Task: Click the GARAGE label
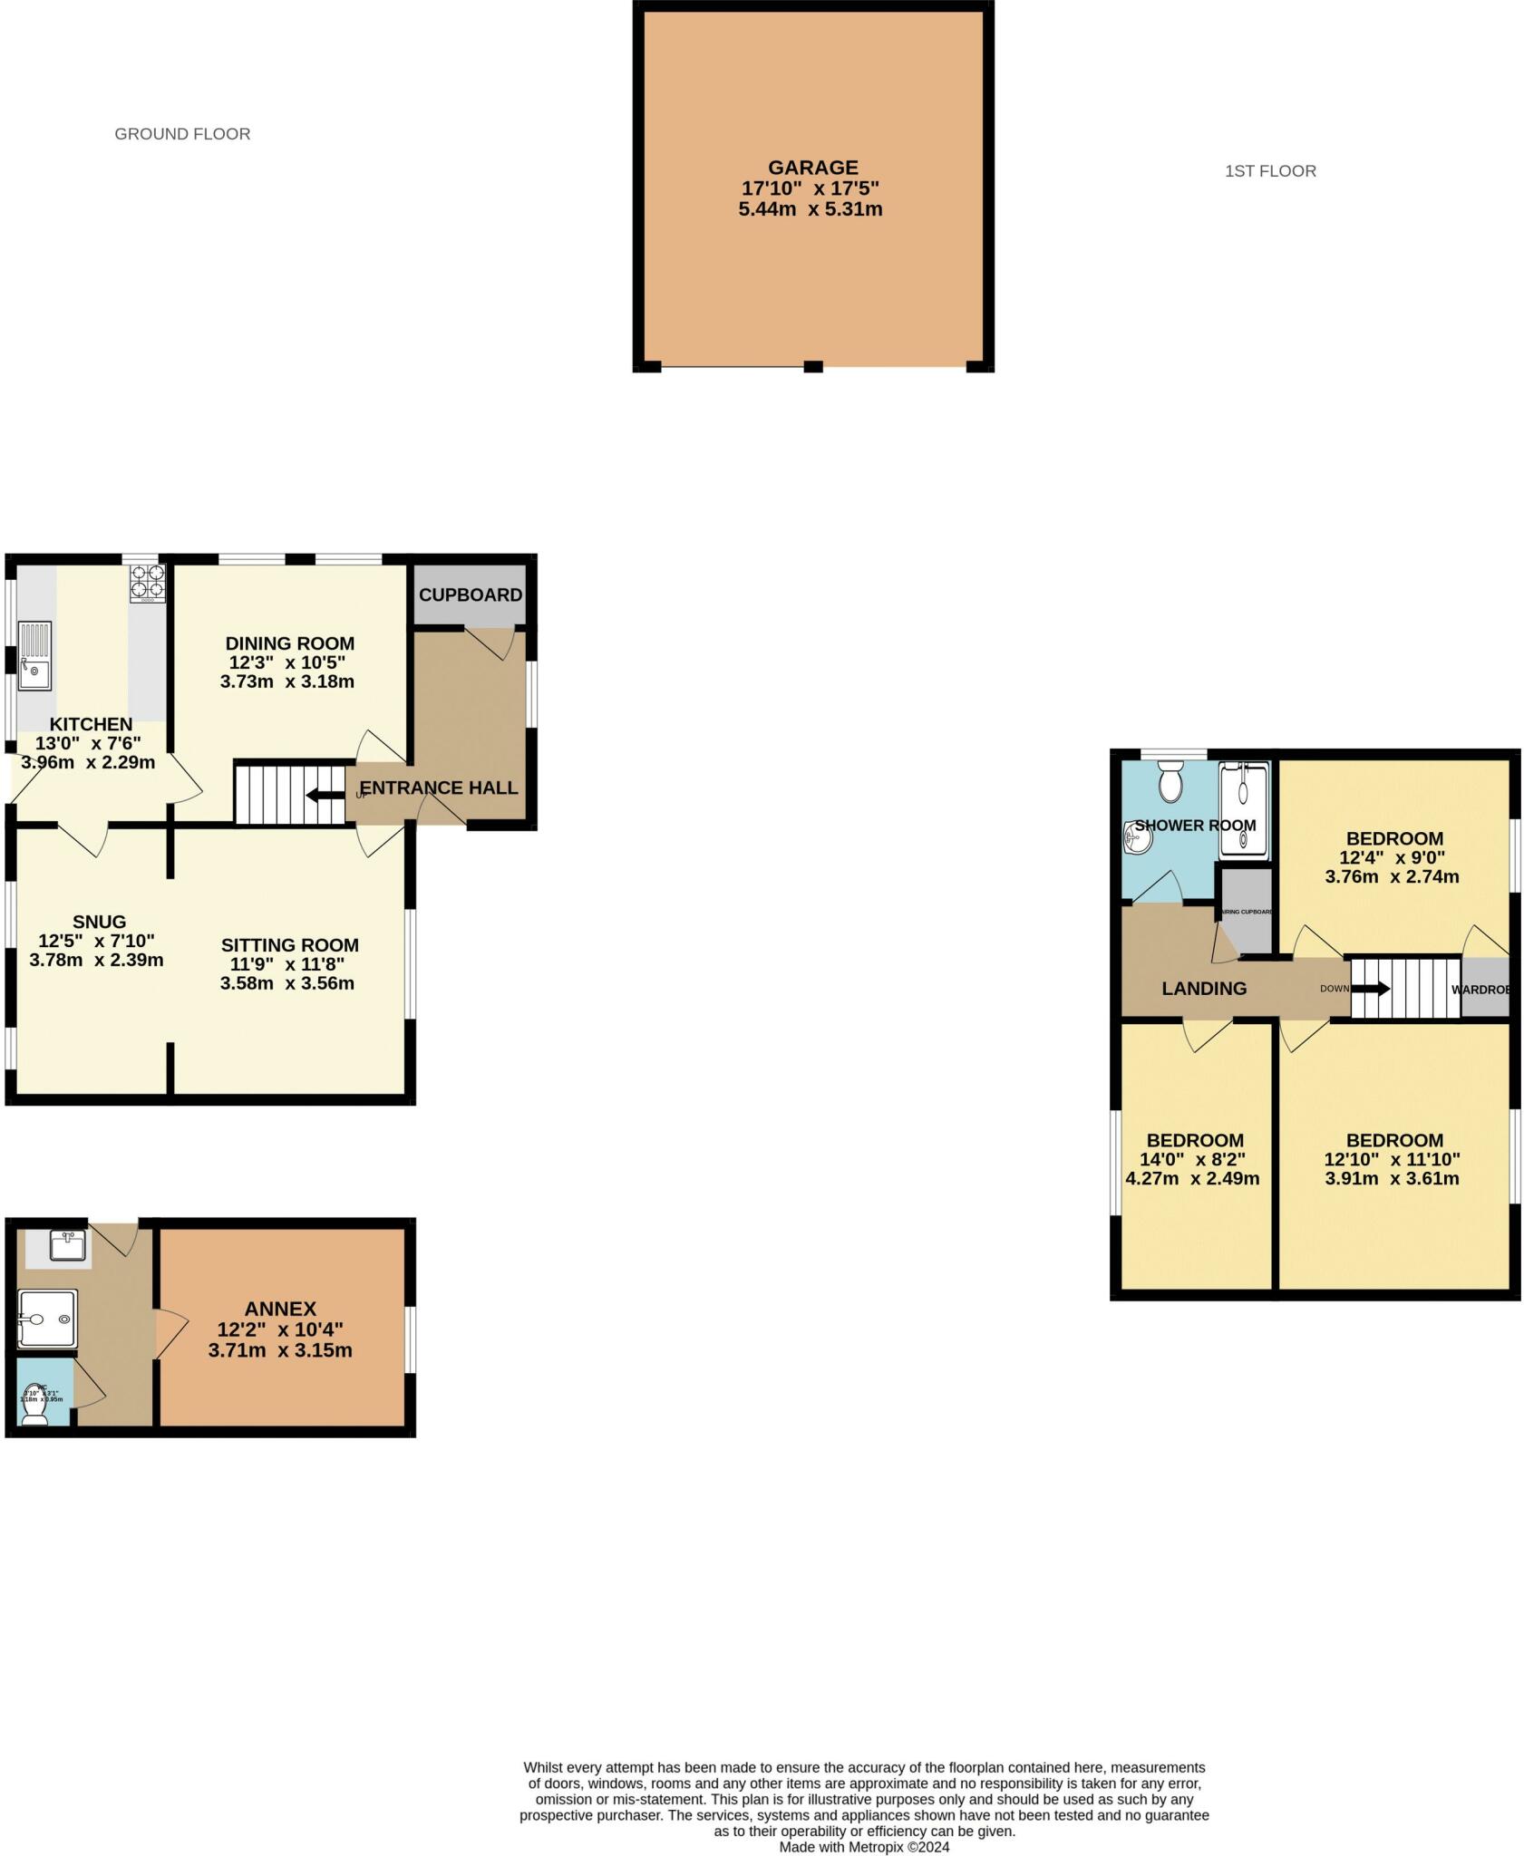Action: click(812, 168)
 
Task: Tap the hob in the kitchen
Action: click(148, 583)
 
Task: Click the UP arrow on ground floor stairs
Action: click(318, 796)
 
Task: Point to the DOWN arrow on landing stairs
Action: click(1371, 989)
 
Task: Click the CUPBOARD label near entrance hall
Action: click(470, 595)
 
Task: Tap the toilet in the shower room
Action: click(1170, 780)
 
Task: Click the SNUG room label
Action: click(100, 922)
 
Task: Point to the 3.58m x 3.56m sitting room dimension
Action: click(287, 983)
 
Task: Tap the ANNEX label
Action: click(280, 1309)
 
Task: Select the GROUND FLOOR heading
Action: click(182, 134)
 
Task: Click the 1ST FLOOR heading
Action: click(1269, 171)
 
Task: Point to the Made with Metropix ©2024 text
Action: click(863, 1847)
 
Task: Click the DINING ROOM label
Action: click(289, 643)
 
